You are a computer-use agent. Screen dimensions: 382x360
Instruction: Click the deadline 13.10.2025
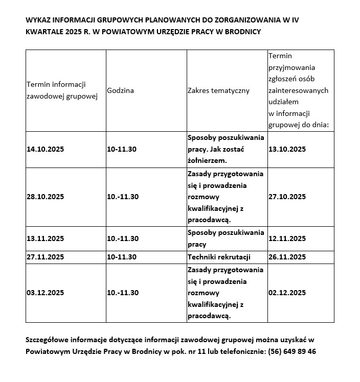[x=287, y=149]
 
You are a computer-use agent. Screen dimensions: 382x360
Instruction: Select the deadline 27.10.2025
[x=287, y=197]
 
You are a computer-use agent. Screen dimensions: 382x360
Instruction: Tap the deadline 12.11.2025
[x=287, y=238]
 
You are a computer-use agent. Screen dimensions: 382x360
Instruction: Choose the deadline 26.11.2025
[x=287, y=257]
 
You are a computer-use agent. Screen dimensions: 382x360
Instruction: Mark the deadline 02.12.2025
[x=287, y=293]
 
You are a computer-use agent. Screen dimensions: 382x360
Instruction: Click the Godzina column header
[x=121, y=90]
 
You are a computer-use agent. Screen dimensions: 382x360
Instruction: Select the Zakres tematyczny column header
[x=218, y=90]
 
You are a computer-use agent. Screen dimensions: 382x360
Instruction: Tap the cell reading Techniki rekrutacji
[x=218, y=257]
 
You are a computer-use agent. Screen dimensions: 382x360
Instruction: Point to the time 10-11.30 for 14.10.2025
[x=122, y=149]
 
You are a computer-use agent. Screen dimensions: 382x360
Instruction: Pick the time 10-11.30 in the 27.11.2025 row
[x=122, y=257]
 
